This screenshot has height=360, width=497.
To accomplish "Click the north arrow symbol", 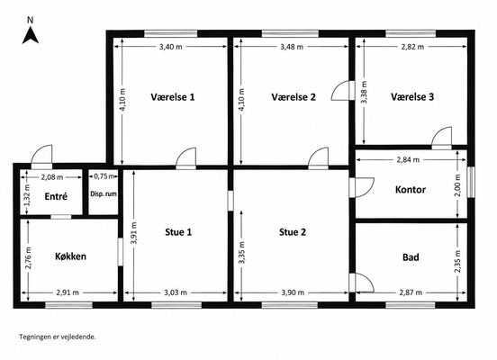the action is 31,35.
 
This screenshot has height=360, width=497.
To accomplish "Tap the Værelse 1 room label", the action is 173,97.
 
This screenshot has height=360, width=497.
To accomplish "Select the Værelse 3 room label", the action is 412,97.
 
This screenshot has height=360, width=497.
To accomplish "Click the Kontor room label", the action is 411,190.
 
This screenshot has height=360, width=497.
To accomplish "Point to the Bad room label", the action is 411,257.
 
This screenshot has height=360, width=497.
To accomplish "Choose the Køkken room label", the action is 71,256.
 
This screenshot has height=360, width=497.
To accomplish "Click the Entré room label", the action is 56,196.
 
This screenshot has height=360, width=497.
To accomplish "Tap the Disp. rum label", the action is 104,193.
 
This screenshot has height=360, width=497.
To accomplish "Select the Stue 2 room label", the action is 293,232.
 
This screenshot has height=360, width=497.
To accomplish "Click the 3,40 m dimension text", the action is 171,47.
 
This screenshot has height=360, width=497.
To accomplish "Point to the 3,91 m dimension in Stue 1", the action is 134,233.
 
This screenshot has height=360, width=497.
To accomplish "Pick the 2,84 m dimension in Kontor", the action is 408,159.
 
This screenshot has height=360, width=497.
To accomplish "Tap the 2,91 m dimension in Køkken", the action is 68,292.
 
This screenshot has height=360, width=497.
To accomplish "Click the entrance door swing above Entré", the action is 41,157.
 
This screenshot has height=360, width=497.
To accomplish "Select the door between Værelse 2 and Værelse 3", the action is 343,91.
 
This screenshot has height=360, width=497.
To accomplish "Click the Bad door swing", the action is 362,283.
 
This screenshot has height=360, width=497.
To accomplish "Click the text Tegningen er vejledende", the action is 58,337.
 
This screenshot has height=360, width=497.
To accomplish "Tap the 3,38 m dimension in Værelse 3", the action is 364,92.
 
